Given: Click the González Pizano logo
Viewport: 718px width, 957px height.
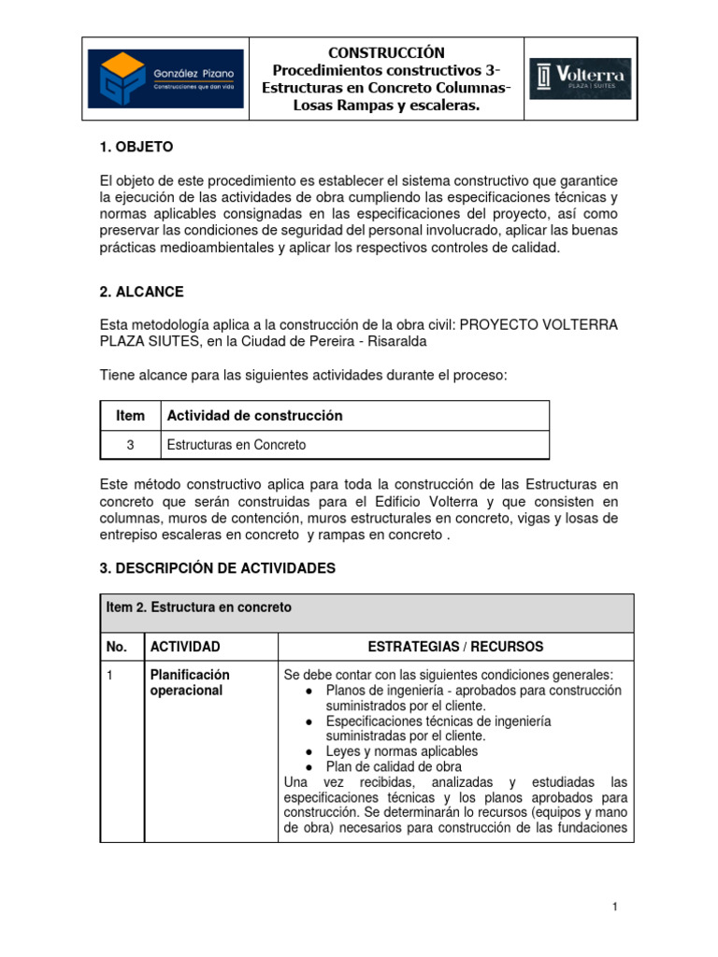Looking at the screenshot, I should [165, 79].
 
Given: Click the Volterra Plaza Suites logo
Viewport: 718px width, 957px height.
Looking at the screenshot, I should [580, 79].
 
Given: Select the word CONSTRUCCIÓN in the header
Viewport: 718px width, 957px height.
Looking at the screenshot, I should [386, 53].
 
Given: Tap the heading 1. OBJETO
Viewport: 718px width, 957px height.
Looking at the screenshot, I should [136, 147].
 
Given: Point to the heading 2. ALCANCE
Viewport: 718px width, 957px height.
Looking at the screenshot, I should [141, 292].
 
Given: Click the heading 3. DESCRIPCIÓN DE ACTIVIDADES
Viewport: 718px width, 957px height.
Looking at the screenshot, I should [217, 568].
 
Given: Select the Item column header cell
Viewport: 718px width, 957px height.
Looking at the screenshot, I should [130, 415].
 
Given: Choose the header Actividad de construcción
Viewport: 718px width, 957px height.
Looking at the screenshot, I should [254, 415].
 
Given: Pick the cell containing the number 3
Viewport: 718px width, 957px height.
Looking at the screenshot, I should [130, 445].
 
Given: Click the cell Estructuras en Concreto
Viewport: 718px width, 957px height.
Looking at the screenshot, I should [236, 445].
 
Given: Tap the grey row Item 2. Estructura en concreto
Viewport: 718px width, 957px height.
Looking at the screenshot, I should [199, 607].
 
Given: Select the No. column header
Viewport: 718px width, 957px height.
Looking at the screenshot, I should [117, 647].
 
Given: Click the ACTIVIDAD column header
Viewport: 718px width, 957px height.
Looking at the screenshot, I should [185, 647].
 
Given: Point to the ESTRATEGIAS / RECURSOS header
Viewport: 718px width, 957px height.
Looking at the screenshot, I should [455, 647].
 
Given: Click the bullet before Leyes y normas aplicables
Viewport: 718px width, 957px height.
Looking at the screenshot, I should [309, 751].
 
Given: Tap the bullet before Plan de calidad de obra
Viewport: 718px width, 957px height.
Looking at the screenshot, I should [309, 766].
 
